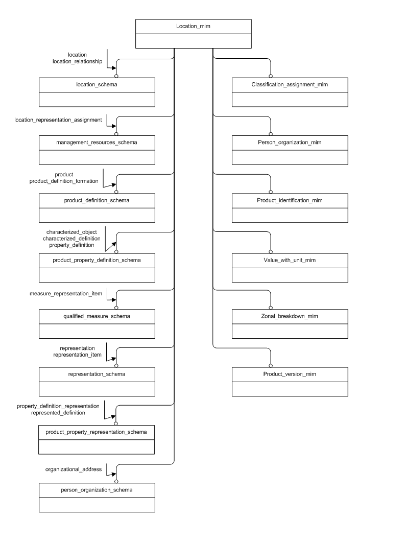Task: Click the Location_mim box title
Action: click(193, 26)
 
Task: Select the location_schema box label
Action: click(97, 84)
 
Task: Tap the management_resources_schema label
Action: click(97, 143)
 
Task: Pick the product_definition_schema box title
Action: click(97, 201)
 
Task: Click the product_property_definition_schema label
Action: click(97, 260)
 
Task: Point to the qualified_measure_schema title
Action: click(97, 316)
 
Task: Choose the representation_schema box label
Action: click(97, 374)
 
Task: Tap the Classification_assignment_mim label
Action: click(290, 84)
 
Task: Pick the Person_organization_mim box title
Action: click(290, 143)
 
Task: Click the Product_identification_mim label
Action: click(290, 201)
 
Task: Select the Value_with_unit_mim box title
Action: click(290, 260)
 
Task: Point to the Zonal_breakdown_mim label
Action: click(290, 316)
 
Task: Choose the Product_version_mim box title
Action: click(290, 374)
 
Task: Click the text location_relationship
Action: click(78, 61)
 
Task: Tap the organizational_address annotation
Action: click(74, 468)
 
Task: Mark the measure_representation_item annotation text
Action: click(66, 294)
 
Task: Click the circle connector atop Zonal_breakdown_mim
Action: click(271, 308)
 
